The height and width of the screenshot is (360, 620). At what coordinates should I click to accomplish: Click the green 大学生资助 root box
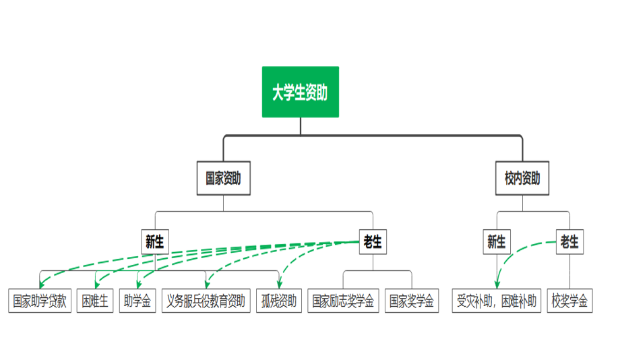(x=300, y=92)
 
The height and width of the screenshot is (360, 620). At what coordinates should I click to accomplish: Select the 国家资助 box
(x=223, y=179)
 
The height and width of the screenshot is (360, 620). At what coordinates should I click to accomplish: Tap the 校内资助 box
(x=522, y=179)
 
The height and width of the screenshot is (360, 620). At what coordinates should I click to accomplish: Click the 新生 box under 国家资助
(x=154, y=242)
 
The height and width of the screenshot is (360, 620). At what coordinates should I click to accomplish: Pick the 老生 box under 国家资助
(x=373, y=242)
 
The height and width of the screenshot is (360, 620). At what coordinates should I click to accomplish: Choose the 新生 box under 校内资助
(x=497, y=242)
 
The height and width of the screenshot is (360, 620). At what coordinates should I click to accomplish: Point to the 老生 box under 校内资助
(x=569, y=242)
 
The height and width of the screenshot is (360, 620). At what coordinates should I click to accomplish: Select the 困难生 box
(x=95, y=301)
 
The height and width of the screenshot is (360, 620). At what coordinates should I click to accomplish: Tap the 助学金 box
(x=137, y=301)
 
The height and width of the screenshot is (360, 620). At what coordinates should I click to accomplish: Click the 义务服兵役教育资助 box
(x=206, y=301)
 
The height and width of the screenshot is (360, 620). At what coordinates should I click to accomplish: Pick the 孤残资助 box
(x=278, y=301)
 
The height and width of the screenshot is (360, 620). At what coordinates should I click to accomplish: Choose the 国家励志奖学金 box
(x=344, y=301)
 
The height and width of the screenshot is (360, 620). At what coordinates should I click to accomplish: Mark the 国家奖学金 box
(x=411, y=301)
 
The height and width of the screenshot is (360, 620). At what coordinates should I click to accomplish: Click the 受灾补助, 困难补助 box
(x=497, y=301)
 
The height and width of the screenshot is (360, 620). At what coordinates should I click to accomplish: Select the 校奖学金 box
(x=569, y=301)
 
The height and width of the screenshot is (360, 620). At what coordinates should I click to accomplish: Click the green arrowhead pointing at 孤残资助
(x=278, y=284)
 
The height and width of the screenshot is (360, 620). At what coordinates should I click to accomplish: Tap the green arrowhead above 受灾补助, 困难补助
(x=497, y=284)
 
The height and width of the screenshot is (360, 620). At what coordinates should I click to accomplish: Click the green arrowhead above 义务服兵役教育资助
(x=206, y=284)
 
